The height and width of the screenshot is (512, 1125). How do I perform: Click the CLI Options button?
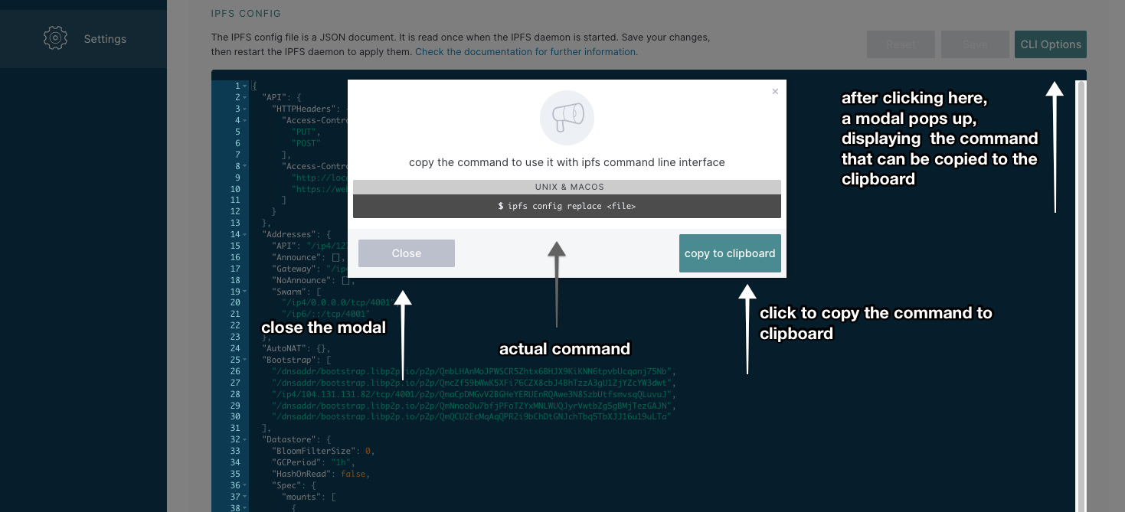click(x=1050, y=44)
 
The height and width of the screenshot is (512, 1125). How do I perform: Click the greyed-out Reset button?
click(x=901, y=44)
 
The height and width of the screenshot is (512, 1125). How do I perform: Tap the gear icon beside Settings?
click(x=56, y=38)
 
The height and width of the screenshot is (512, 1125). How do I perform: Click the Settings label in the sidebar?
click(x=105, y=39)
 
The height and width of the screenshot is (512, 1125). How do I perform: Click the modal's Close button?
click(x=406, y=253)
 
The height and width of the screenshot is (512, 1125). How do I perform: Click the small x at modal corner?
click(x=775, y=91)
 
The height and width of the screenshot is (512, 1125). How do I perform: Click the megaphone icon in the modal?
click(x=567, y=117)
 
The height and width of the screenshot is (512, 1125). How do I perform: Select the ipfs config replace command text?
click(x=567, y=206)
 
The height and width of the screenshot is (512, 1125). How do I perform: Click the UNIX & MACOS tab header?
click(x=567, y=187)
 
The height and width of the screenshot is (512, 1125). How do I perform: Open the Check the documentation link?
click(x=526, y=52)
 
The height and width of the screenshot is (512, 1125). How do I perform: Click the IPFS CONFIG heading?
click(x=246, y=13)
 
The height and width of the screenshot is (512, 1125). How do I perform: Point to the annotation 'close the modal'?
click(x=323, y=328)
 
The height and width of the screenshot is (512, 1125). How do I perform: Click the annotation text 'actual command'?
click(x=564, y=349)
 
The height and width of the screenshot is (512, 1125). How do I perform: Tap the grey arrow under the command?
click(x=557, y=283)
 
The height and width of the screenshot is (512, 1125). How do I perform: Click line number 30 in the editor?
click(x=235, y=416)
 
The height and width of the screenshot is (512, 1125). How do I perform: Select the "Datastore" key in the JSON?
click(x=286, y=439)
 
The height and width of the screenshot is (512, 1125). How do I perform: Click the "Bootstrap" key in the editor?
click(x=286, y=360)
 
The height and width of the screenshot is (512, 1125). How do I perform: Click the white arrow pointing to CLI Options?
click(x=1055, y=145)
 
